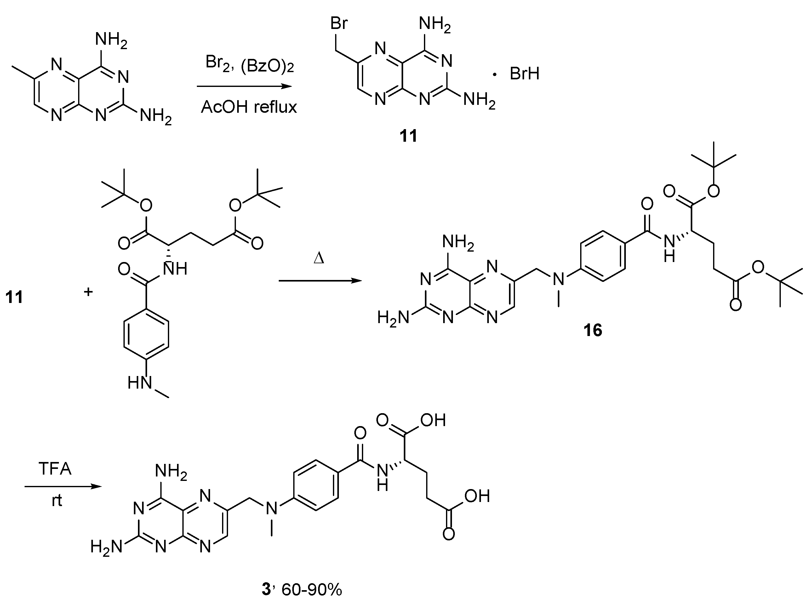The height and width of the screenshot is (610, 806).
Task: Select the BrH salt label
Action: pyautogui.click(x=524, y=74)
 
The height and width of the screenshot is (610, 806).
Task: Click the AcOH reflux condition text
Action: pyautogui.click(x=249, y=107)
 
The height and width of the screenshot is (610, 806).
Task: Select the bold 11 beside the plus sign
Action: pyautogui.click(x=14, y=297)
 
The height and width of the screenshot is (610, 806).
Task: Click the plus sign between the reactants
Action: pyautogui.click(x=88, y=292)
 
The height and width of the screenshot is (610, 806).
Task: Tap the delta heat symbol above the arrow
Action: pyautogui.click(x=319, y=258)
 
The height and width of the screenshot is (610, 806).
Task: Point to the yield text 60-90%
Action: pyautogui.click(x=312, y=590)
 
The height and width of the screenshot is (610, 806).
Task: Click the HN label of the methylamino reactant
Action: pyautogui.click(x=140, y=383)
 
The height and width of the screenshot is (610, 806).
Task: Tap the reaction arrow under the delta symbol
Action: pyautogui.click(x=320, y=281)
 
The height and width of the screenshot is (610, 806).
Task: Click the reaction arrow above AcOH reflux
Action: pyautogui.click(x=244, y=86)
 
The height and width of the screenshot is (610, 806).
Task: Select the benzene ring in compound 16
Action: pyautogui.click(x=603, y=256)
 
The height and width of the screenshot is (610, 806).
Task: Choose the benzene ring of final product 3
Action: pyautogui.click(x=316, y=485)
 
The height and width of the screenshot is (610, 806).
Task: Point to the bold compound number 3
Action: pyautogui.click(x=266, y=590)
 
